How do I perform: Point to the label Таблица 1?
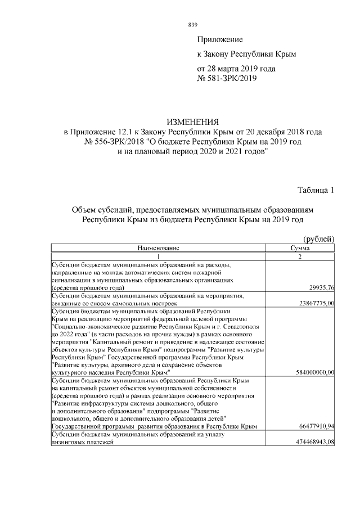point(316,190)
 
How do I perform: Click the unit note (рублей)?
point(319,240)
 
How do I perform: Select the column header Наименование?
point(158,248)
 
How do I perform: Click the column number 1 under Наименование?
point(158,256)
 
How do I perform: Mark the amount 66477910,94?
point(317,427)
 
